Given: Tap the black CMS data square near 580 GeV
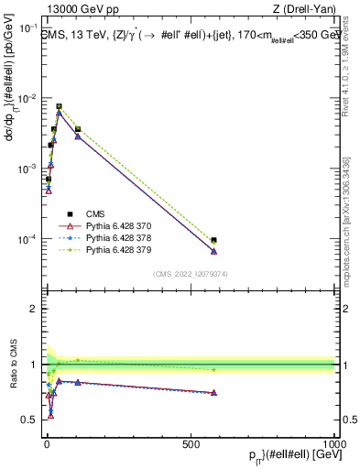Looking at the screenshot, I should [x=213, y=240].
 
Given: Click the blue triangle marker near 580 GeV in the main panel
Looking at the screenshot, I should [x=213, y=251].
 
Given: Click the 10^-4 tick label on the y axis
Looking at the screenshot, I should [x=27, y=239].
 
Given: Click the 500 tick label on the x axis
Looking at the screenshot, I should [x=191, y=443].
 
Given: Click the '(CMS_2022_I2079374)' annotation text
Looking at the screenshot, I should [x=190, y=273].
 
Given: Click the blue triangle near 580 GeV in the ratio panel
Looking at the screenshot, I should [x=213, y=392].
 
